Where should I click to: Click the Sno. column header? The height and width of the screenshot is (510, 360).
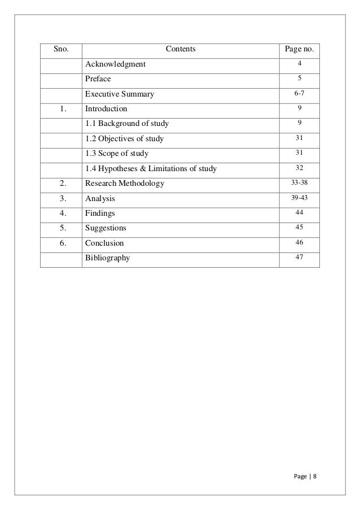[61, 50]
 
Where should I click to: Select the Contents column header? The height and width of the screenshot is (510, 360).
[181, 50]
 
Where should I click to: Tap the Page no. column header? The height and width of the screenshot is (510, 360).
[300, 50]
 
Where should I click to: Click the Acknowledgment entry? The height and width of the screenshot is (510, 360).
[115, 64]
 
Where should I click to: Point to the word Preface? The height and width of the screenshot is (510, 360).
[98, 79]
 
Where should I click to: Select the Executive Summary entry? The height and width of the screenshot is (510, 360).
[119, 94]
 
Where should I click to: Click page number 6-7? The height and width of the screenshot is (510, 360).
[300, 94]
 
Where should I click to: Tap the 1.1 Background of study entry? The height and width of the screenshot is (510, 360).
[126, 123]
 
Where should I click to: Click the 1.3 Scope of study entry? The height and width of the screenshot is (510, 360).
[117, 153]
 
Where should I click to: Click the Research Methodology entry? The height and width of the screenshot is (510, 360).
[125, 183]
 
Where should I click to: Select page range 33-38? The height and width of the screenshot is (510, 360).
[300, 183]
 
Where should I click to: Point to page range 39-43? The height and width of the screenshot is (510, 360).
[300, 198]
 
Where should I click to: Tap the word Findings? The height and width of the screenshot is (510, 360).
[100, 213]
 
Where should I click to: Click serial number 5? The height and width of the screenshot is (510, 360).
[61, 228]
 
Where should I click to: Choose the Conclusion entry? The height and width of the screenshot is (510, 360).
[104, 243]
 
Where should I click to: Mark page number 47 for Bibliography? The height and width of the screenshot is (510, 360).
[300, 258]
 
